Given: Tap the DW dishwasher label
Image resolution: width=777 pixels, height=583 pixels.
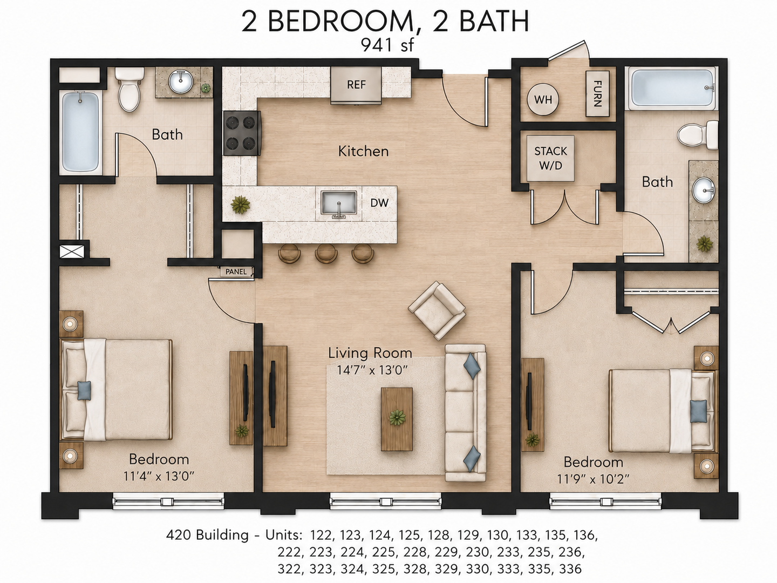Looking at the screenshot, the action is (x=379, y=203).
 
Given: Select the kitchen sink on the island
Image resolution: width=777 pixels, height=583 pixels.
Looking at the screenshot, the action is (x=338, y=203).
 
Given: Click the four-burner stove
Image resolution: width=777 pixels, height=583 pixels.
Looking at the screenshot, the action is (x=242, y=133).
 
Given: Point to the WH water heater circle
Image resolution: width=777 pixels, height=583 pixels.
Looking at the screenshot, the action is (x=543, y=99).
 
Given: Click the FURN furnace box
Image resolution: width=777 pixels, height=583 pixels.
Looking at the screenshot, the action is (x=597, y=93).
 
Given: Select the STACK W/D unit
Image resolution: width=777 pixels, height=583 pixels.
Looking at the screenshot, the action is (x=550, y=158).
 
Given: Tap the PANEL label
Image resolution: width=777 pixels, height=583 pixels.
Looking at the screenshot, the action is (x=236, y=272).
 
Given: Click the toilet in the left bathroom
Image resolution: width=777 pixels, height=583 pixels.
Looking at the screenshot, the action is (x=129, y=89).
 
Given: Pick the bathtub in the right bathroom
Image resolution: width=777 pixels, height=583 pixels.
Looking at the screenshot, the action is (x=671, y=88).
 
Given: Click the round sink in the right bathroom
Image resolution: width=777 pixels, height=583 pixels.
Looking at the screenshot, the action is (x=704, y=190).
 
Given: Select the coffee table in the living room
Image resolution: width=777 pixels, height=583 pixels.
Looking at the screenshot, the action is (x=397, y=419).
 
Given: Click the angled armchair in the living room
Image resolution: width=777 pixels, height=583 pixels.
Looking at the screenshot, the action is (x=437, y=310).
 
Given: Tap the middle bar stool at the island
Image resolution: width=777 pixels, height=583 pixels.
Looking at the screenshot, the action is (x=326, y=253).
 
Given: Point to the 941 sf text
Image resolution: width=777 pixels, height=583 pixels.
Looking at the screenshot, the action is (x=387, y=45).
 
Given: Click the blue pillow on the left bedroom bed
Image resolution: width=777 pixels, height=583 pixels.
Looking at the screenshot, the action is (x=84, y=390).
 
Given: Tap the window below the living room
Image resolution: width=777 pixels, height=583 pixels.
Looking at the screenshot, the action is (x=386, y=501).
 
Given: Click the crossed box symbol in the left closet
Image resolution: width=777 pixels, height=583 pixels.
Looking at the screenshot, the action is (x=72, y=252).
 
